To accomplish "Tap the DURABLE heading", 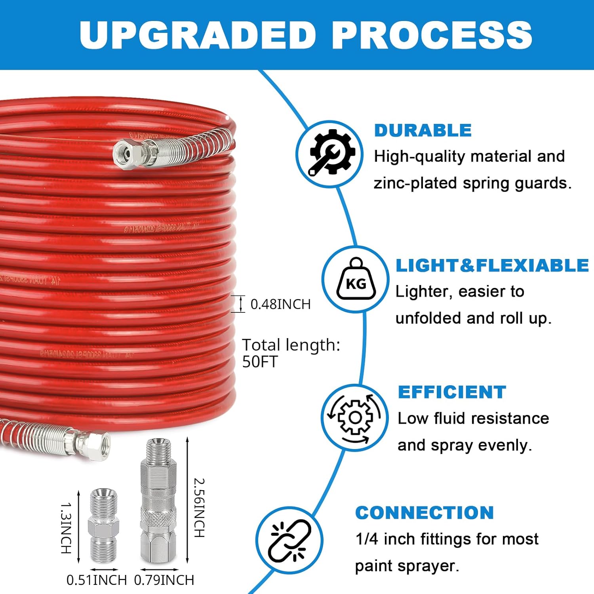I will coord(423,131).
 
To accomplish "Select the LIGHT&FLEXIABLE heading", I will coord(492,265).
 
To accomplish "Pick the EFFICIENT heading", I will coord(452,392).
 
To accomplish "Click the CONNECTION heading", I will coord(425,513).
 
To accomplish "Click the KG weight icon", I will coord(355,279).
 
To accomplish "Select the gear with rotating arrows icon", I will coord(354,418).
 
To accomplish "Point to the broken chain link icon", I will coord(289,541).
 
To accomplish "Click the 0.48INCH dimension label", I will coord(280,304).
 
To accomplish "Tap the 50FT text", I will coord(260,362).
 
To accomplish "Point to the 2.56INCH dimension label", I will coord(199,508).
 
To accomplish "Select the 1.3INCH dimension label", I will coord(66,528).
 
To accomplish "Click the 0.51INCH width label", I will coord(96,580).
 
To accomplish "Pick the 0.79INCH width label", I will coord(164,580).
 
